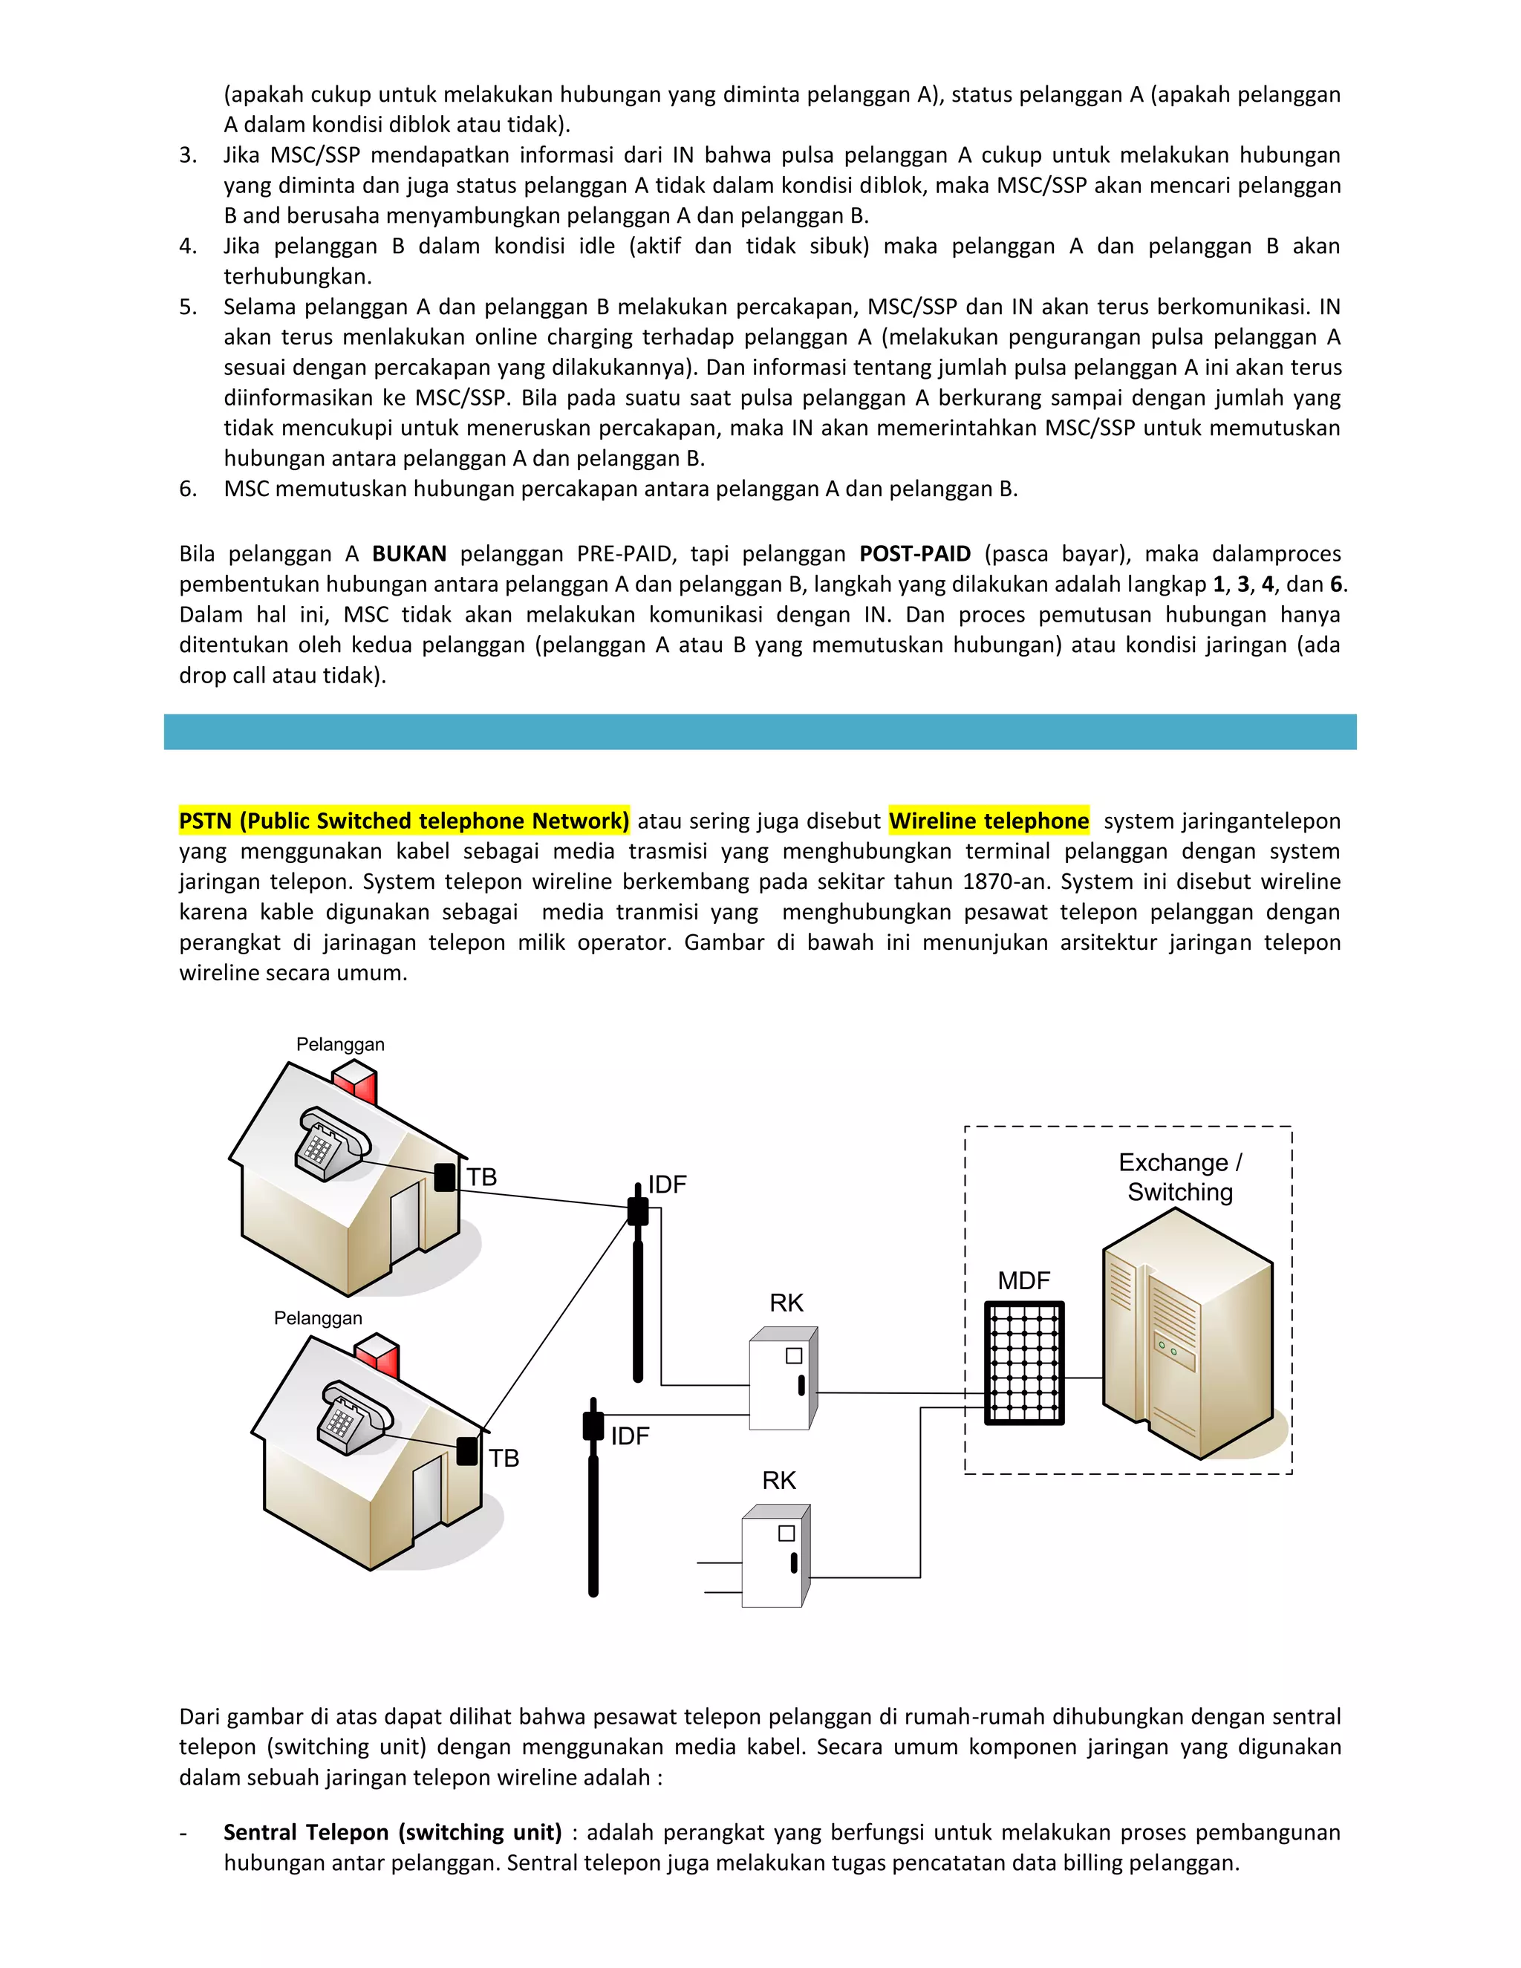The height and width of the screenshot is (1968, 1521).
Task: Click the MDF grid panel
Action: (1024, 1363)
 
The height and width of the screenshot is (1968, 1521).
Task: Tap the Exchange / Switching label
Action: (1179, 1177)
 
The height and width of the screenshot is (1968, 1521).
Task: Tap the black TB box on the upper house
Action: (445, 1177)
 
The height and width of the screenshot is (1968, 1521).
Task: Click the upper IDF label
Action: (668, 1184)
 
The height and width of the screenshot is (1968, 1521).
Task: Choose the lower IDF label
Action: (630, 1436)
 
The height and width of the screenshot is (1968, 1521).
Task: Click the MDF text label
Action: (1023, 1280)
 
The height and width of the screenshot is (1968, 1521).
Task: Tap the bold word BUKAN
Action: (409, 553)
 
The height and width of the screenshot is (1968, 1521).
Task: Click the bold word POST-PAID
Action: (914, 553)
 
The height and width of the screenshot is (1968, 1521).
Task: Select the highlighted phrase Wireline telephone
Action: (989, 820)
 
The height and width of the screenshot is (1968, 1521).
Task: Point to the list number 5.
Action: (187, 307)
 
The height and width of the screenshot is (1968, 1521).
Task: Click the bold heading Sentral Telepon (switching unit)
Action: (392, 1832)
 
